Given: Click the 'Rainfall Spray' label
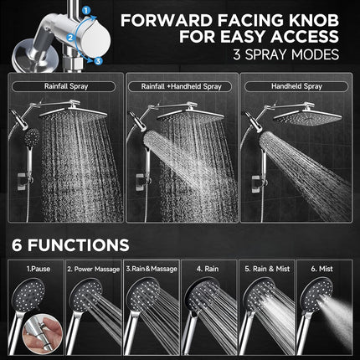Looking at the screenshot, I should (62, 85).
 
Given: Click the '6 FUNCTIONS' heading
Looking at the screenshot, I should (70, 245).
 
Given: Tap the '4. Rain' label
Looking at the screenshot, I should (208, 270).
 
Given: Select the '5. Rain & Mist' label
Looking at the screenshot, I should (268, 270).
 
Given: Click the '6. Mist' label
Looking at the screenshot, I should (327, 270).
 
